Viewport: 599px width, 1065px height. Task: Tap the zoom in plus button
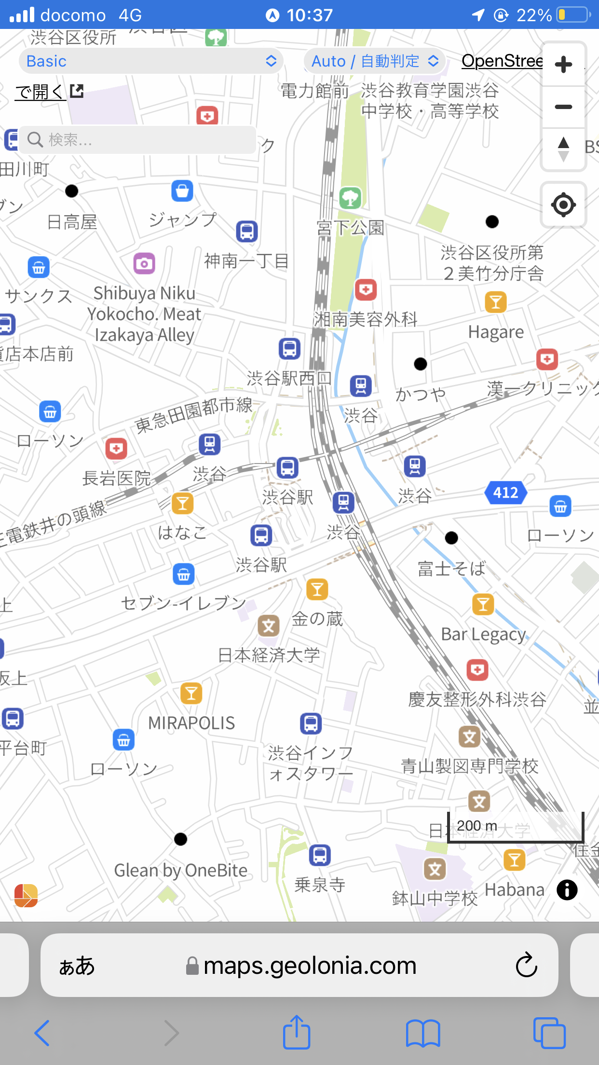point(563,65)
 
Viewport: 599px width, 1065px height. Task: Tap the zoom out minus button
point(563,107)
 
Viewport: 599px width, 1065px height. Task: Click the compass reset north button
point(563,149)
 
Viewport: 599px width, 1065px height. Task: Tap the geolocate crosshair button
point(563,205)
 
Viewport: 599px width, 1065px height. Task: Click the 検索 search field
point(140,140)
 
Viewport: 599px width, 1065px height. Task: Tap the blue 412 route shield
point(505,492)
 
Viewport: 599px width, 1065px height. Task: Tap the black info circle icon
point(567,890)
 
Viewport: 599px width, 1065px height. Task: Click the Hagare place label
point(496,332)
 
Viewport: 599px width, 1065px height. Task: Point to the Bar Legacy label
point(483,634)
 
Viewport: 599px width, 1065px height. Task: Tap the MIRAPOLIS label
point(191,723)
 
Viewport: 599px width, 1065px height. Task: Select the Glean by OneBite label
point(181,871)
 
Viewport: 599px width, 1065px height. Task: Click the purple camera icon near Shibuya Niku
point(144,263)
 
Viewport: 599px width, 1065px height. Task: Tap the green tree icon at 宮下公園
point(351,198)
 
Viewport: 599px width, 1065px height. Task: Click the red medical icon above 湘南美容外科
point(366,290)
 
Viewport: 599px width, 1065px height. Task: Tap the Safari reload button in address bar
point(526,965)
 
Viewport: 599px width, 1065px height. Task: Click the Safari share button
point(296,1033)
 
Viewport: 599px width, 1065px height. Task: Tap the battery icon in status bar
point(573,15)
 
